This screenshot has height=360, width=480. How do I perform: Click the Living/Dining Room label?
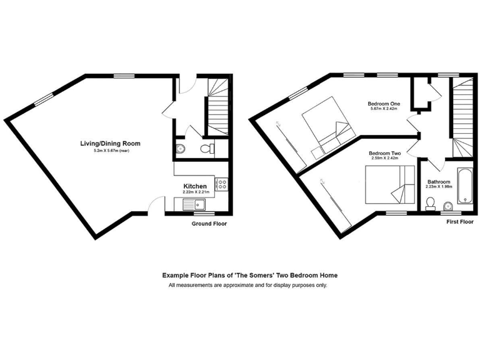coord(110,144)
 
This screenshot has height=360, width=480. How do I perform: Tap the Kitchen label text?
coord(194,186)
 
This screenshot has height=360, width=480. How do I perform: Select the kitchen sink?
coord(194,204)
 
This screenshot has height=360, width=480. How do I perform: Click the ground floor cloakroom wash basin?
coord(180,149)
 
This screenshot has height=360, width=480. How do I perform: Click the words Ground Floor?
coord(209,223)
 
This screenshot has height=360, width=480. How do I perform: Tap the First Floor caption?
coord(460,222)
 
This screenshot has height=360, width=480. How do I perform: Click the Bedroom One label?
coord(384,104)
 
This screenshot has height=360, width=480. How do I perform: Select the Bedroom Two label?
coord(384,153)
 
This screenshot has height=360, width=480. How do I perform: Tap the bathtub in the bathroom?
coord(465,186)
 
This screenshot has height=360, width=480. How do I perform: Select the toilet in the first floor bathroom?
coord(430,204)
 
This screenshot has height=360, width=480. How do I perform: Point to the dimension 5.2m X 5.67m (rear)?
coord(111,151)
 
